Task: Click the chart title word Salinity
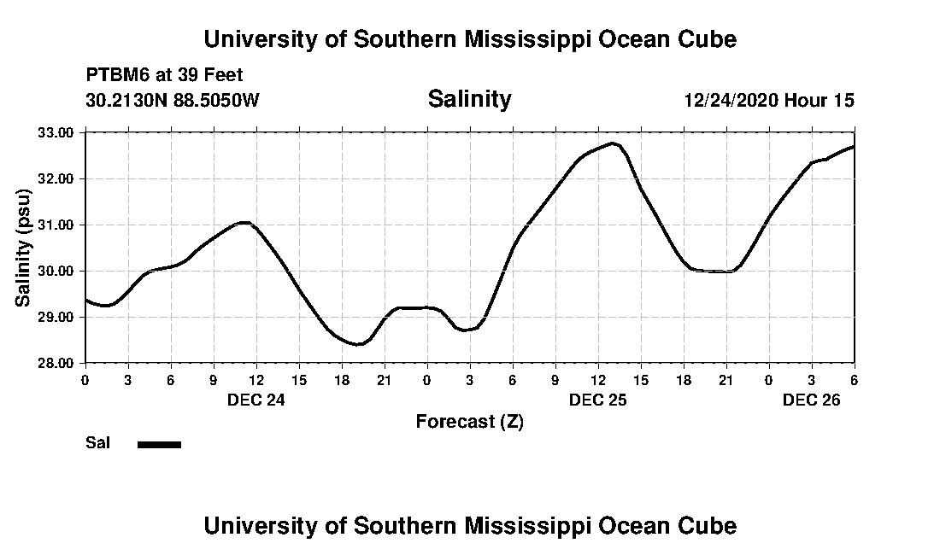469,99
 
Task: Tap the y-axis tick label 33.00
56,133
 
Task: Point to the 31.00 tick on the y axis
56,225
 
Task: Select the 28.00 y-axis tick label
56,363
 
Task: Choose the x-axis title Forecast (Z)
469,422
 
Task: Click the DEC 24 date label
256,399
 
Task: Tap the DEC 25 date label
598,399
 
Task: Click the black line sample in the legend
159,444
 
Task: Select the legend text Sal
97,443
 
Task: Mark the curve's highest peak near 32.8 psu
613,143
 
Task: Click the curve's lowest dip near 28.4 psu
359,344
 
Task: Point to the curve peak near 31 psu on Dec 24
244,223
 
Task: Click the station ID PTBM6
115,75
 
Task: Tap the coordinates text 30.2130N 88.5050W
173,100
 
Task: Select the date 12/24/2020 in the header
731,100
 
